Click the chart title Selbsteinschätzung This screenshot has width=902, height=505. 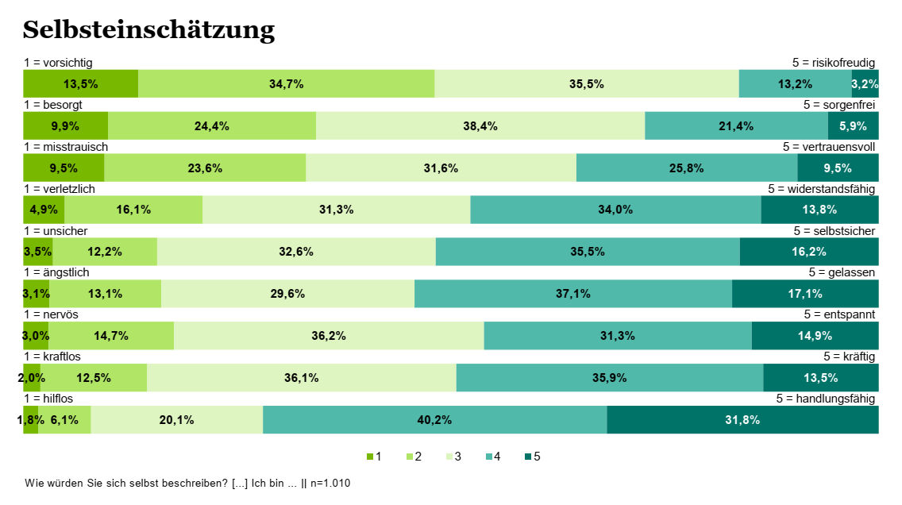148,30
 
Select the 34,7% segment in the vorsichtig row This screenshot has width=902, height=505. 286,83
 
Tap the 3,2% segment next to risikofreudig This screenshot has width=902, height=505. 865,83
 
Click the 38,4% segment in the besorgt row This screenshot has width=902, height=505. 480,125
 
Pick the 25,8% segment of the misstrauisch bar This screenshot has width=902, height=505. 686,168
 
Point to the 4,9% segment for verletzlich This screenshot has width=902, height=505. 44,210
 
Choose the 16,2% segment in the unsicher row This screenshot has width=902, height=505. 809,252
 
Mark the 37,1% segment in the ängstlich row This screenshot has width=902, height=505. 572,294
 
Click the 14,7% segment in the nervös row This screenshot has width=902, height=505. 111,336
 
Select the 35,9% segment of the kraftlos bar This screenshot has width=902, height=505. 609,378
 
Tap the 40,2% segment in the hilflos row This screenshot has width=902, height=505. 434,420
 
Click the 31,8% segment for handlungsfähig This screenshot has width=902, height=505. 742,420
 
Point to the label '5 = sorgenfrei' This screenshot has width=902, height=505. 839,105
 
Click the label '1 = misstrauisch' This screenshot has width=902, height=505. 66,147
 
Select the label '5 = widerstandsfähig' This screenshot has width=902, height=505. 821,189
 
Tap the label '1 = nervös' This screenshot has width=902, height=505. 51,314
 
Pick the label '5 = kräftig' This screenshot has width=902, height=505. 849,357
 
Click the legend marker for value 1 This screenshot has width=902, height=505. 369,457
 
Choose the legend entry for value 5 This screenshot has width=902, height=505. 532,457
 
